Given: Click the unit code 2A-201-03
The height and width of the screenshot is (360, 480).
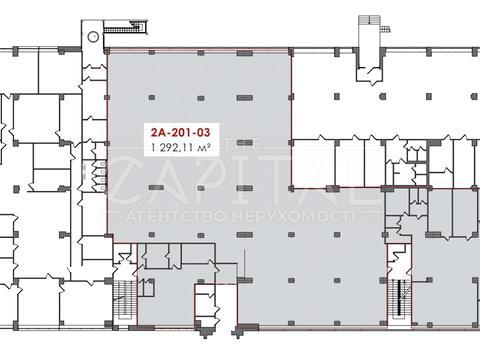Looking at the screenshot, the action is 181,133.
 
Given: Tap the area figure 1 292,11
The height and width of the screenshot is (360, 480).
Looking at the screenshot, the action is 172,147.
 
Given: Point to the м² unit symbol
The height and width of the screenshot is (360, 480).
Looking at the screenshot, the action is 204,147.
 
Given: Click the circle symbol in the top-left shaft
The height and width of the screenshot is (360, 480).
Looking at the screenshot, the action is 92,36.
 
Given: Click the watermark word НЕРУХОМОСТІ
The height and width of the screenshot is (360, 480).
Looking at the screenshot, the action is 292,217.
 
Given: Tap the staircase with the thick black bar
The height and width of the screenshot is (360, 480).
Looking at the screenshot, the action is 399,298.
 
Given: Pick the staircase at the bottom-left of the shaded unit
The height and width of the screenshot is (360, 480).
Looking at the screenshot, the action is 124,298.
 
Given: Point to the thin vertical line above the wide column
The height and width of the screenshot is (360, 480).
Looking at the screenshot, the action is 245,263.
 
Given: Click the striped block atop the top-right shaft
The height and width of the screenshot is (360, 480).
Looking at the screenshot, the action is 369,20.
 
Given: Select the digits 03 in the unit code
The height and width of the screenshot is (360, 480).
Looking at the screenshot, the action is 203,133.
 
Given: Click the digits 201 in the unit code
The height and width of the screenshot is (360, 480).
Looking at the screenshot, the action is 182,133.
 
